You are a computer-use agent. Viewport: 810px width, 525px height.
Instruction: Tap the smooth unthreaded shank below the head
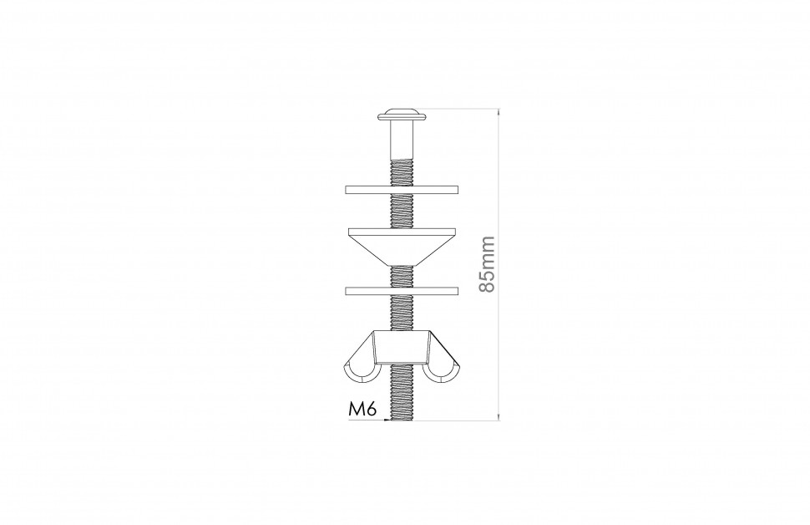pyautogui.click(x=402, y=139)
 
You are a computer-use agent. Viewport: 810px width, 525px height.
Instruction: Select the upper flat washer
pyautogui.click(x=402, y=190)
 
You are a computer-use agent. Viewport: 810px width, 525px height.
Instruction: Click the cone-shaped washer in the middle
pyautogui.click(x=402, y=247)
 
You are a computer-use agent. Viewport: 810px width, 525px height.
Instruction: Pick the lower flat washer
pyautogui.click(x=402, y=291)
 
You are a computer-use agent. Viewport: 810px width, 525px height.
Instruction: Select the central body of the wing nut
pyautogui.click(x=402, y=348)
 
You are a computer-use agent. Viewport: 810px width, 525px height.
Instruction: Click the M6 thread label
pyautogui.click(x=362, y=409)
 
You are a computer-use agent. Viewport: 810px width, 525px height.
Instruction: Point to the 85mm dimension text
pyautogui.click(x=487, y=264)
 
